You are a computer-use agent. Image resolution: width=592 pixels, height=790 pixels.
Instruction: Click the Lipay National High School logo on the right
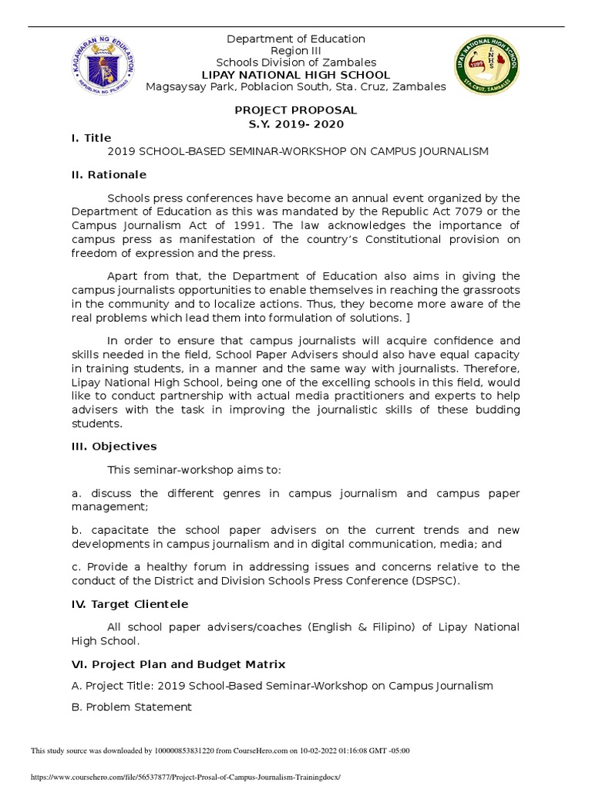[x=486, y=64]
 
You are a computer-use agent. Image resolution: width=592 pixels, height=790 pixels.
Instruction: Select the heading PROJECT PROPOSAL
[x=296, y=111]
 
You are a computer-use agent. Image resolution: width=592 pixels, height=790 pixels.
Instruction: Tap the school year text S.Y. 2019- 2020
[x=296, y=124]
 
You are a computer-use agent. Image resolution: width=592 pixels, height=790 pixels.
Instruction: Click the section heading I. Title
[x=91, y=138]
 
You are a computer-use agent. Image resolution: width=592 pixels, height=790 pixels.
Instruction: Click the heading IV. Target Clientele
[x=129, y=604]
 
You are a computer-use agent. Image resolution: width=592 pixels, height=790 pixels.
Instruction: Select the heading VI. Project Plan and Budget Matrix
[x=178, y=664]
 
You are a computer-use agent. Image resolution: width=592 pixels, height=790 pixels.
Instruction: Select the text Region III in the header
[x=295, y=51]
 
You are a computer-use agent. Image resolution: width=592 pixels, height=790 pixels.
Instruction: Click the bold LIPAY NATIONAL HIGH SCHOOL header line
[x=295, y=75]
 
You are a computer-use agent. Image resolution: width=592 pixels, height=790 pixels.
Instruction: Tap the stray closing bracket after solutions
[x=405, y=318]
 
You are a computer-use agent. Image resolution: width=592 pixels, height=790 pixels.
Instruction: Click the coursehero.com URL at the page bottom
[x=185, y=778]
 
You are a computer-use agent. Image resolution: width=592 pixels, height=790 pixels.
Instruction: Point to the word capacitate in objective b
[x=119, y=530]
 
